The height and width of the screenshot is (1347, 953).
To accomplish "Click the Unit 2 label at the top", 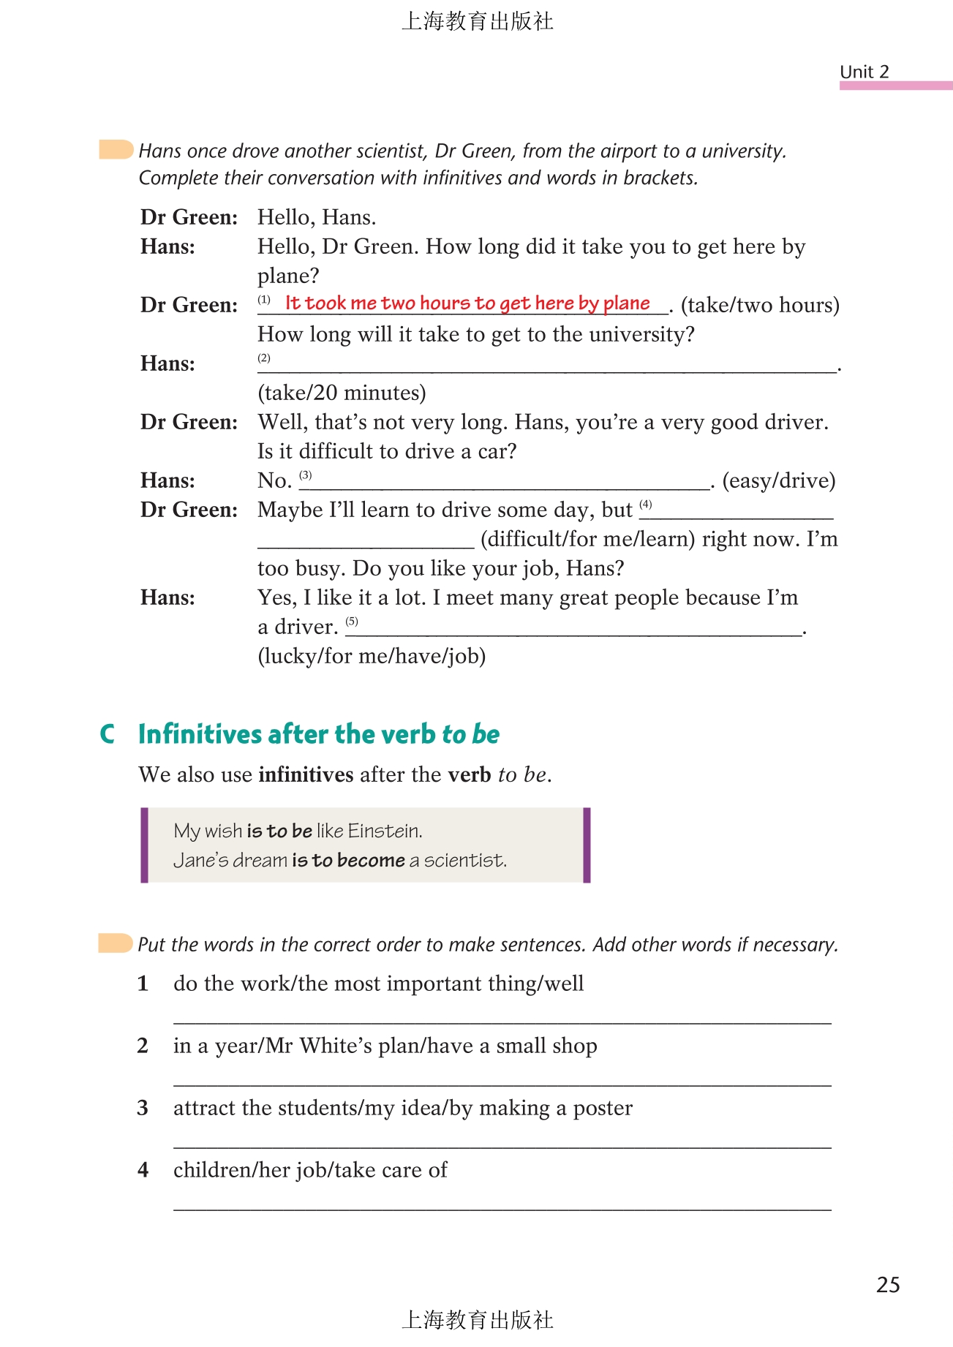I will [x=864, y=72].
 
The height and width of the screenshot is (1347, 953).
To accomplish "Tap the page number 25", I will [x=888, y=1285].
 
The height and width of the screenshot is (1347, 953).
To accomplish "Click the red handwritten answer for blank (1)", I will [x=467, y=303].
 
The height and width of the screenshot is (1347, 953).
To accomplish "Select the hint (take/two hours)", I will [x=760, y=305].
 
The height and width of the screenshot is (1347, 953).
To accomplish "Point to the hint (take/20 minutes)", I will [x=342, y=393].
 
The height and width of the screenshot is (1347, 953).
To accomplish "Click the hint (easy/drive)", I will [x=778, y=480].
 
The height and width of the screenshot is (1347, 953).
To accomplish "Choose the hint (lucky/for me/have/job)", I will [x=372, y=656].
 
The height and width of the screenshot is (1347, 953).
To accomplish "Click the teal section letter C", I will [x=108, y=734].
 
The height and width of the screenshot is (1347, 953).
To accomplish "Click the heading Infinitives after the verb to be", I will [x=319, y=734].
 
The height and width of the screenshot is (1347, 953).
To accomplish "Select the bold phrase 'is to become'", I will [x=348, y=860].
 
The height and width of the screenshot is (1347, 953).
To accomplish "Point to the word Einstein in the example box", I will [x=385, y=831].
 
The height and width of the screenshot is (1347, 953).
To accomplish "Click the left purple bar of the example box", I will [x=145, y=845].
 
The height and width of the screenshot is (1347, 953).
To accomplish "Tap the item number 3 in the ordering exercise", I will [x=143, y=1108].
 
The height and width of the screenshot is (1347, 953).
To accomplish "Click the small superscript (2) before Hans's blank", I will [x=264, y=358].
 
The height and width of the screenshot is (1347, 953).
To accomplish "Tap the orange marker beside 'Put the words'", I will [x=115, y=943].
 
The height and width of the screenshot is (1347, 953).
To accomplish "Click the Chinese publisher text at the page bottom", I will [x=477, y=1320].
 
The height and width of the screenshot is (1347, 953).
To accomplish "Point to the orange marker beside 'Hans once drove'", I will [x=116, y=149].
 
